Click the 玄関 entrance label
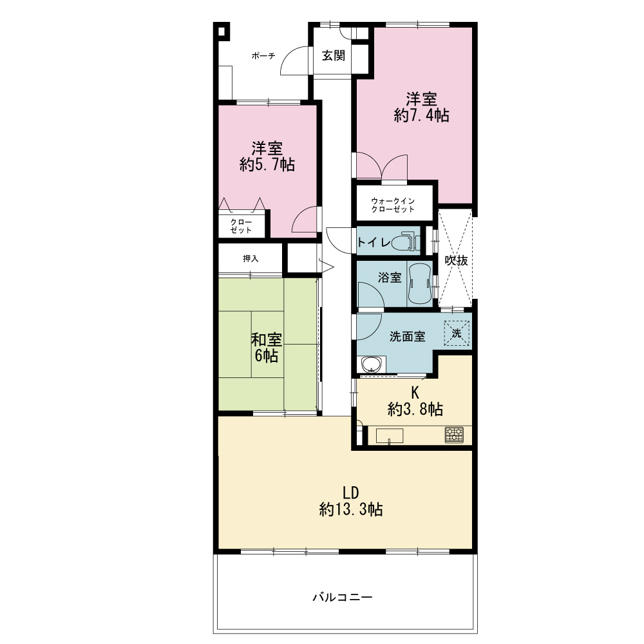pyautogui.click(x=333, y=55)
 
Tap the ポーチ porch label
pyautogui.click(x=263, y=55)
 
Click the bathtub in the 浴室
pyautogui.click(x=419, y=283)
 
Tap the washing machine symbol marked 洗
pyautogui.click(x=457, y=333)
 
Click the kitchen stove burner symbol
pyautogui.click(x=454, y=435)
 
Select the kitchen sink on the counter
pyautogui.click(x=390, y=436)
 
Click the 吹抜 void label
pyautogui.click(x=457, y=260)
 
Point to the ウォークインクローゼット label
pyautogui.click(x=393, y=205)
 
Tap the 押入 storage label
pyautogui.click(x=251, y=258)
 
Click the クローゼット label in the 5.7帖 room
pyautogui.click(x=241, y=226)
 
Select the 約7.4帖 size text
pyautogui.click(x=421, y=115)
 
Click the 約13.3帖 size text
pyautogui.click(x=351, y=509)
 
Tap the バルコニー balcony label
pyautogui.click(x=343, y=597)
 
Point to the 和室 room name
pyautogui.click(x=267, y=339)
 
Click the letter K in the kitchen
pyautogui.click(x=415, y=393)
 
